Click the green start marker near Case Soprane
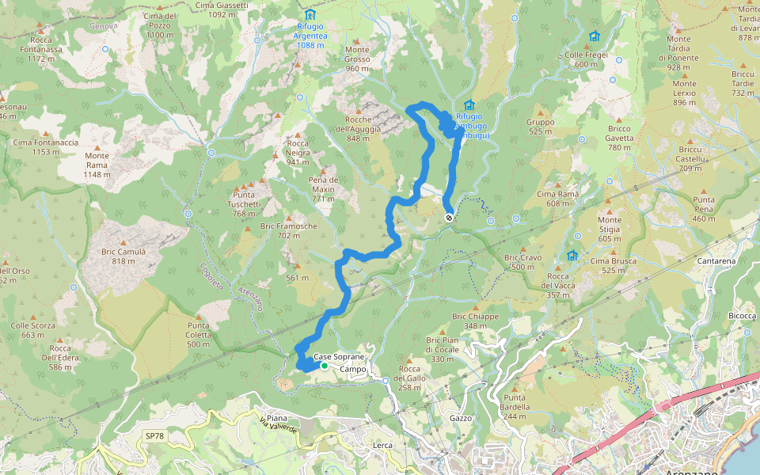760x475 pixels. [x=325, y=366]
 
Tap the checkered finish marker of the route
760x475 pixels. [x=449, y=218]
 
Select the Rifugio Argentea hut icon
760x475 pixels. [x=309, y=15]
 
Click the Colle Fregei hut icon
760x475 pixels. [x=594, y=36]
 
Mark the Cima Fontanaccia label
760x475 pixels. [x=46, y=146]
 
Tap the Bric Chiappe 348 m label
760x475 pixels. [x=475, y=321]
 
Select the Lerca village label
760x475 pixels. [x=382, y=446]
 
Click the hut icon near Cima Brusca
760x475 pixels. [x=572, y=255]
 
